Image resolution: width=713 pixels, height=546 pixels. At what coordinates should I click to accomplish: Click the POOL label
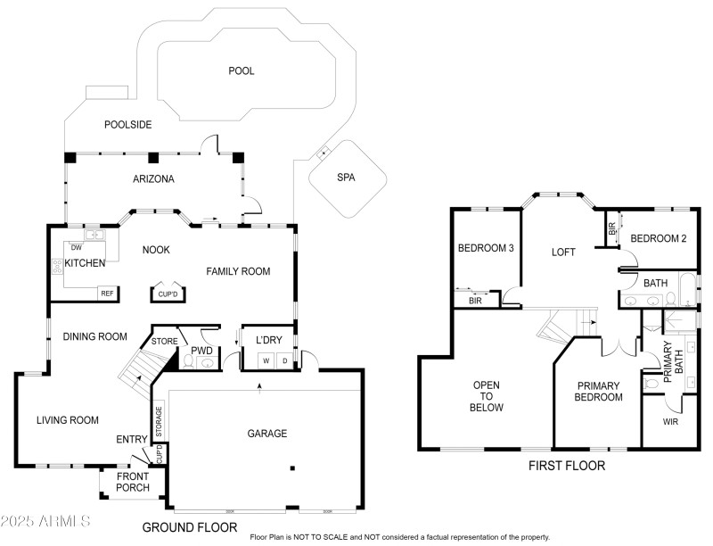(x=241, y=70)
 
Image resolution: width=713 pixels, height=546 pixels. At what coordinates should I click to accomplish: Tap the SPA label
(x=346, y=178)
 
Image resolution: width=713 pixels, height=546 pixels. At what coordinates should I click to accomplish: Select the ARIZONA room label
(x=152, y=178)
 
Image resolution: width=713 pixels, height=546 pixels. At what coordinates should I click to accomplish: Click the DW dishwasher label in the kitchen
(x=76, y=247)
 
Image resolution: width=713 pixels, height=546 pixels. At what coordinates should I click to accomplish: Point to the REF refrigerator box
(x=107, y=293)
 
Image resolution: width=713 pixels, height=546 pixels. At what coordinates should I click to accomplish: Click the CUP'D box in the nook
(x=168, y=294)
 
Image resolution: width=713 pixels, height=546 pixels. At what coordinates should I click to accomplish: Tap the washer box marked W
(x=266, y=360)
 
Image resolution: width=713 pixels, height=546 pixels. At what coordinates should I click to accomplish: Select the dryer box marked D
(x=284, y=360)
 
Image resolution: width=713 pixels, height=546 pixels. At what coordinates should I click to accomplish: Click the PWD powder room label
(x=201, y=352)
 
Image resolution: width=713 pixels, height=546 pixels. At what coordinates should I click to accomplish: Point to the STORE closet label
(x=165, y=340)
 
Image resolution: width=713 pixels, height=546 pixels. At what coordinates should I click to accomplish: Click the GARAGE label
(x=266, y=434)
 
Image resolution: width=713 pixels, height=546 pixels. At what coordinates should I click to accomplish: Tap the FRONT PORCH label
(x=132, y=482)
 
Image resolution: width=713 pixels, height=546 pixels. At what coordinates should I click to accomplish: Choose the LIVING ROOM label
(x=67, y=419)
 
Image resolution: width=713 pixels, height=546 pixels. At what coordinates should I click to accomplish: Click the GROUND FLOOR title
(x=190, y=527)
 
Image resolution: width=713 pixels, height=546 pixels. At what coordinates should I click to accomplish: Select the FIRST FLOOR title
(x=567, y=466)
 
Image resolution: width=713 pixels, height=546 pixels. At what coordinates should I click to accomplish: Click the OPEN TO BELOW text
(x=488, y=396)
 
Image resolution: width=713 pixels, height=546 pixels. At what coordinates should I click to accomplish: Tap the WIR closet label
(x=670, y=421)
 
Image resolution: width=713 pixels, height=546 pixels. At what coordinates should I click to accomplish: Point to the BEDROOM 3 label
(x=486, y=248)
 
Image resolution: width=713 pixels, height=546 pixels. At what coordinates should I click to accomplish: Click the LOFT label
(x=563, y=252)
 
